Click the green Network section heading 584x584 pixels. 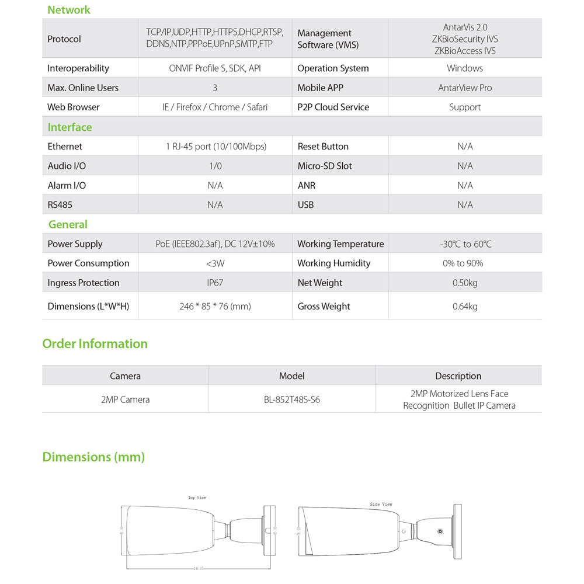point(69,10)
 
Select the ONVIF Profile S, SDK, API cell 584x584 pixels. point(215,68)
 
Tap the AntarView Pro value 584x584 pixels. point(465,88)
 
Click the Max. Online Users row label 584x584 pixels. point(83,88)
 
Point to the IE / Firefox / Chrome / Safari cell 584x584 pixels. point(215,107)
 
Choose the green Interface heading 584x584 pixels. point(69,127)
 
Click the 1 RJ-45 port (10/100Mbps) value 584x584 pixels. point(215,147)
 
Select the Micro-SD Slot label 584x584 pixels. point(325,166)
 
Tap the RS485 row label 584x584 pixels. point(60,205)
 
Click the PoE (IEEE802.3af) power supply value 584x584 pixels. point(215,244)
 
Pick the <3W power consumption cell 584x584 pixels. point(215,263)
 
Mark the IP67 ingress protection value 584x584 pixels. point(215,283)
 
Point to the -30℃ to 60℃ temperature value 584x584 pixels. point(465,244)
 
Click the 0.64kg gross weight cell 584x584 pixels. point(465,306)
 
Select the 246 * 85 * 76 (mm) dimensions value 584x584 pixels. point(215,306)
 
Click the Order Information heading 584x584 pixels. point(95,344)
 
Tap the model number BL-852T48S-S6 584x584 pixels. point(292,400)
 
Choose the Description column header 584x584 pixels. point(458,376)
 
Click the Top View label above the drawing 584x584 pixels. point(197,498)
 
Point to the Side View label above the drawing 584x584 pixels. point(381,504)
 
